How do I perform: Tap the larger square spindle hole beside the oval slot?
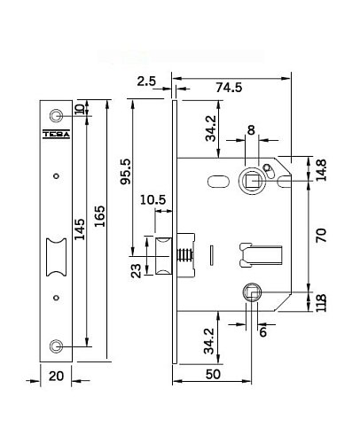tap(252, 180)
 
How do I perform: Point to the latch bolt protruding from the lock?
tap(165, 256)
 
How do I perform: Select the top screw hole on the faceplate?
tap(57, 116)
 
